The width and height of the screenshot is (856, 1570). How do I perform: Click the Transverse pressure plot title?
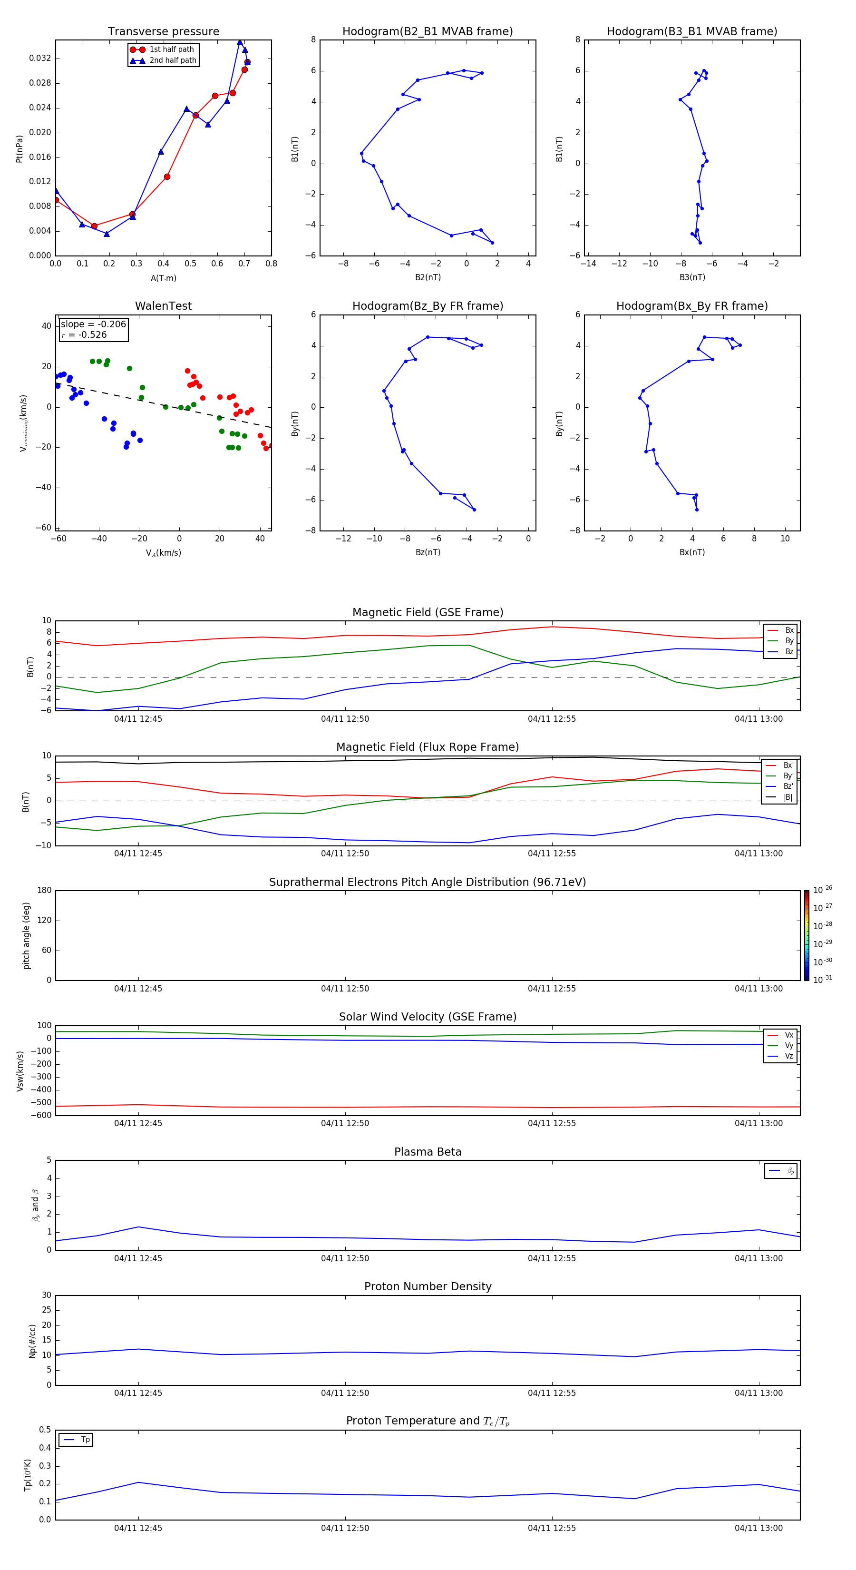click(163, 32)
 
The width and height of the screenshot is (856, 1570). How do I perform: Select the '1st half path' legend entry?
click(171, 49)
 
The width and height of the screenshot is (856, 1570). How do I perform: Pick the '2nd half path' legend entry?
click(173, 60)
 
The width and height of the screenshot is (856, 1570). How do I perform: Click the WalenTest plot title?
click(163, 306)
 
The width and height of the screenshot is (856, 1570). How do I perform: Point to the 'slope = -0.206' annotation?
click(93, 324)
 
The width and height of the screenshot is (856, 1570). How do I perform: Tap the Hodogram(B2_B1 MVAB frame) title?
click(427, 32)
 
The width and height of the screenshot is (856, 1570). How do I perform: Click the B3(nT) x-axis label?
click(692, 277)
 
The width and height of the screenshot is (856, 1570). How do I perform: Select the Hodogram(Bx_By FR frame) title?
click(691, 306)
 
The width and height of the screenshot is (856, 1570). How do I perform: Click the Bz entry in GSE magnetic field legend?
click(789, 651)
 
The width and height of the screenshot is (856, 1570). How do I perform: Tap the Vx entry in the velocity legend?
click(788, 1035)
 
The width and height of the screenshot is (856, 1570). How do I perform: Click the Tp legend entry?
click(85, 1440)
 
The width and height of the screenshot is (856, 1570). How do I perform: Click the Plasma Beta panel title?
click(427, 1152)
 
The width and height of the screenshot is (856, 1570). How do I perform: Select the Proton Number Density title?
click(427, 1286)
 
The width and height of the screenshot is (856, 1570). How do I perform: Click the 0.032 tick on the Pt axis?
click(39, 59)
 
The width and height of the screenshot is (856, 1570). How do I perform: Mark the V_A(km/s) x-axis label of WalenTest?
click(163, 553)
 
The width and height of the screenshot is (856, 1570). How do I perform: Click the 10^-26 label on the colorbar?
click(823, 890)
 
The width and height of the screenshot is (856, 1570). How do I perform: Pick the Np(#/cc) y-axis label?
click(32, 1341)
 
